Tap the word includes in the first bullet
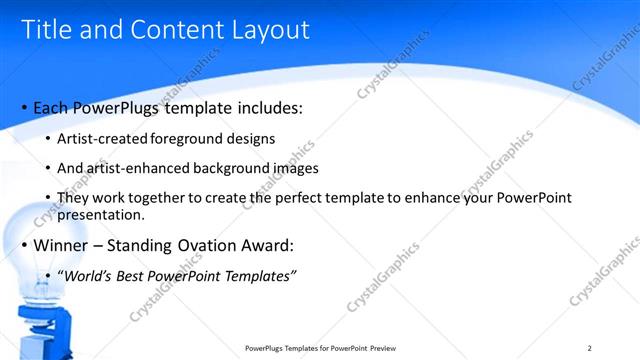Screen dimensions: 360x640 (263, 107)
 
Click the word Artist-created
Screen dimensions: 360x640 (103, 138)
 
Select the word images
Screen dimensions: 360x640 (291, 168)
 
